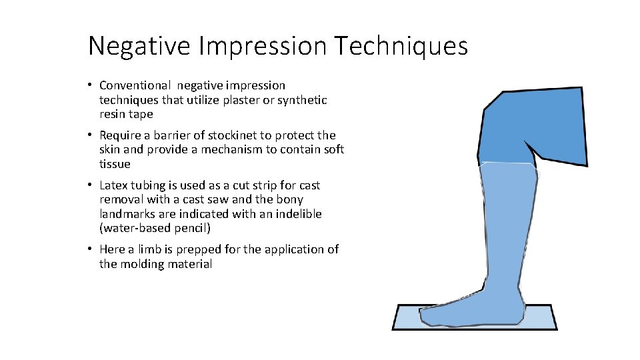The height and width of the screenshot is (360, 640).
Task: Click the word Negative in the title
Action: pyautogui.click(x=138, y=46)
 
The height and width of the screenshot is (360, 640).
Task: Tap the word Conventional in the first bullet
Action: pyautogui.click(x=135, y=85)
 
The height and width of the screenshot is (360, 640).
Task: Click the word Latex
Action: pyautogui.click(x=114, y=185)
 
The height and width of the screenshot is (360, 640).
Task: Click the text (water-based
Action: pyautogui.click(x=135, y=229)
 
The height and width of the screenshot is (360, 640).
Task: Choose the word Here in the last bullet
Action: pyautogui.click(x=113, y=249)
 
